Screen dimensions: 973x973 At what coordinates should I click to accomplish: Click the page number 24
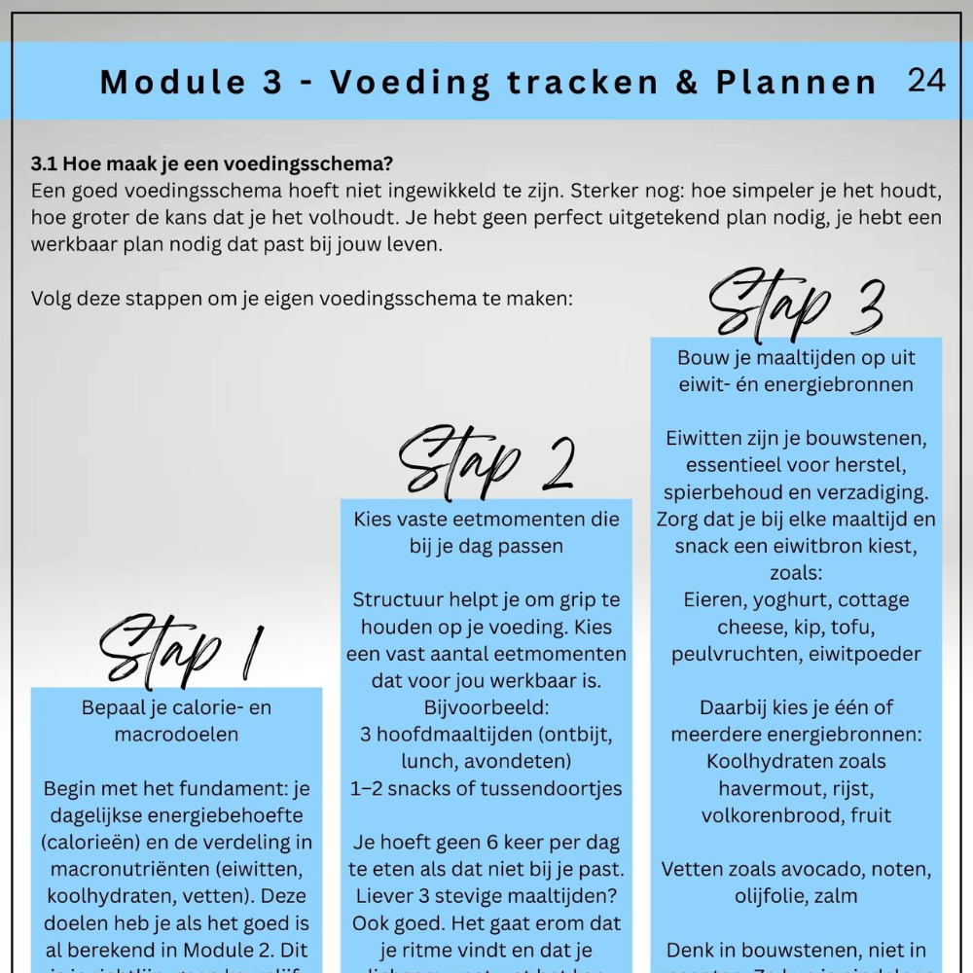pyautogui.click(x=926, y=80)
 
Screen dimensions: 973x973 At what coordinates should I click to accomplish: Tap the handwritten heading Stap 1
pyautogui.click(x=181, y=648)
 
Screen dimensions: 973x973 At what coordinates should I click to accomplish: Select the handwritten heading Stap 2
pyautogui.click(x=486, y=459)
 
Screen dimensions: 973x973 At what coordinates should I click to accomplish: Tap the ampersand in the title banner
pyautogui.click(x=687, y=83)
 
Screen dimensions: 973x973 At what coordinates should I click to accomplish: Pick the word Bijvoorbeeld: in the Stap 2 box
pyautogui.click(x=486, y=707)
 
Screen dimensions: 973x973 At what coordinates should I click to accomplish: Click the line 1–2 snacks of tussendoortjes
pyautogui.click(x=486, y=788)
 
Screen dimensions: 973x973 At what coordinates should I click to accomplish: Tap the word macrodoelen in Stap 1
pyautogui.click(x=176, y=735)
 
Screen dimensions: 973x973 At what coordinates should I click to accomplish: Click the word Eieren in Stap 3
pyautogui.click(x=718, y=599)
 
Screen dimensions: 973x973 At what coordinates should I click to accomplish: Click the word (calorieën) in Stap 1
pyautogui.click(x=93, y=842)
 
